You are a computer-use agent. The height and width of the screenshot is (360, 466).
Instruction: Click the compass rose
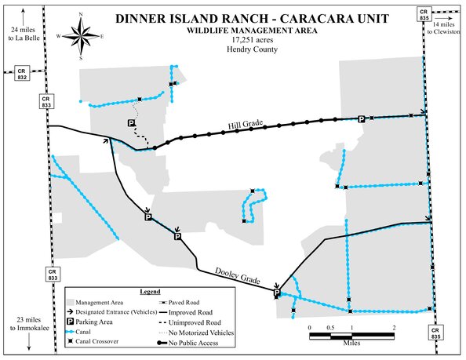[82, 34]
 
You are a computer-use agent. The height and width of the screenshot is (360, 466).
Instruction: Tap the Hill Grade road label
[244, 125]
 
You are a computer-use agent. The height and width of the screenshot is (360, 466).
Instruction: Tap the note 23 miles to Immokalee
[30, 323]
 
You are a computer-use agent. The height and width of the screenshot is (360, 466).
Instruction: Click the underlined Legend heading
[150, 291]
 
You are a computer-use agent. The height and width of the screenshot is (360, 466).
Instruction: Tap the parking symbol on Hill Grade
[361, 118]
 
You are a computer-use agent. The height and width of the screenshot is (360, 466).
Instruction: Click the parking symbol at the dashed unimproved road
[132, 123]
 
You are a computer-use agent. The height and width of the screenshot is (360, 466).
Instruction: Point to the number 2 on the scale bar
[395, 327]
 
